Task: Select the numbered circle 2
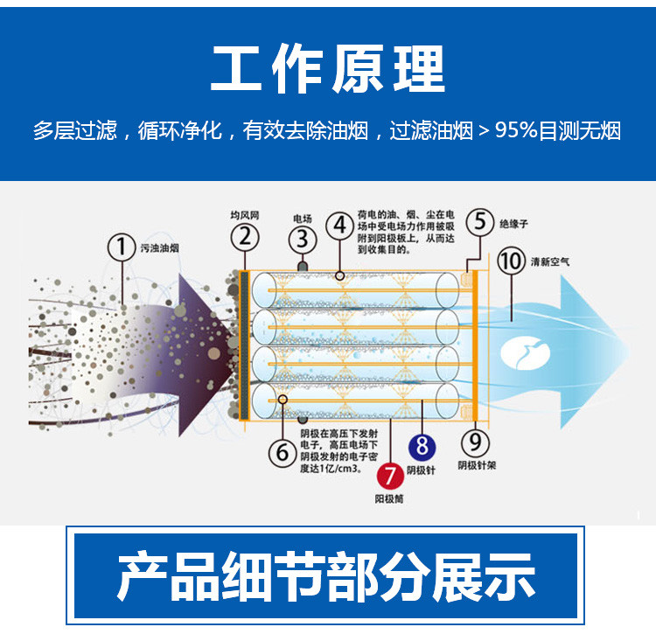pos(246,236)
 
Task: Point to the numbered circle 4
pos(340,225)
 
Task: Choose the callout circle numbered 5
pos(478,221)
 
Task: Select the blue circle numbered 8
pos(422,447)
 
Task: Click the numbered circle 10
pos(511,261)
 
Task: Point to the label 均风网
pos(245,214)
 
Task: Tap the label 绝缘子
pos(513,224)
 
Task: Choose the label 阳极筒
pos(389,498)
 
